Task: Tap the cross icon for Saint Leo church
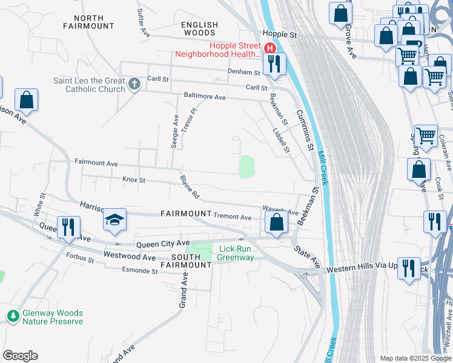click(x=134, y=83)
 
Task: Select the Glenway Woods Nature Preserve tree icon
click(x=12, y=316)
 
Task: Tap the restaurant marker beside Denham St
click(x=274, y=64)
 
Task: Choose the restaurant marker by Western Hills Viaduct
click(x=409, y=269)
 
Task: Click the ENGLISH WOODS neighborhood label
click(x=199, y=28)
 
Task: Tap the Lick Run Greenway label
click(x=236, y=253)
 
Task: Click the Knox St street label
click(x=134, y=180)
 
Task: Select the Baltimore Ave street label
click(x=205, y=97)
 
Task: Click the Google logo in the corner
click(x=20, y=356)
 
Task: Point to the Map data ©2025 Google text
click(x=415, y=358)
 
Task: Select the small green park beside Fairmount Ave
click(x=246, y=167)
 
